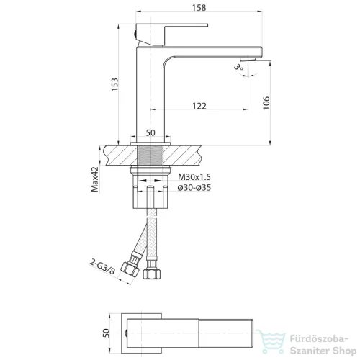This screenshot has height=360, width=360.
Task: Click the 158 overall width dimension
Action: [x=199, y=8]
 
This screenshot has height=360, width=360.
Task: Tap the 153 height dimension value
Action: [x=114, y=84]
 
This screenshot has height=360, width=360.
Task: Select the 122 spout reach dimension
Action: [x=199, y=106]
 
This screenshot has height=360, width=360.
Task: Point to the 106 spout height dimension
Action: [x=266, y=103]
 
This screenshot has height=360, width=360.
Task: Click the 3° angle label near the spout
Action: [x=238, y=66]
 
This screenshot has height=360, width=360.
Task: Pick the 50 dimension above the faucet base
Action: [x=150, y=132]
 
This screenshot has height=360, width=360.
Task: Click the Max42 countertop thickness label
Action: [x=95, y=179]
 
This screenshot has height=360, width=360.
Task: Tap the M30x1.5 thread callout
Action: [x=194, y=177]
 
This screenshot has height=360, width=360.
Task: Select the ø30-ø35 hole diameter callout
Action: [x=194, y=188]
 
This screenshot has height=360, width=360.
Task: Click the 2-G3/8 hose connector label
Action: [x=102, y=266]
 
